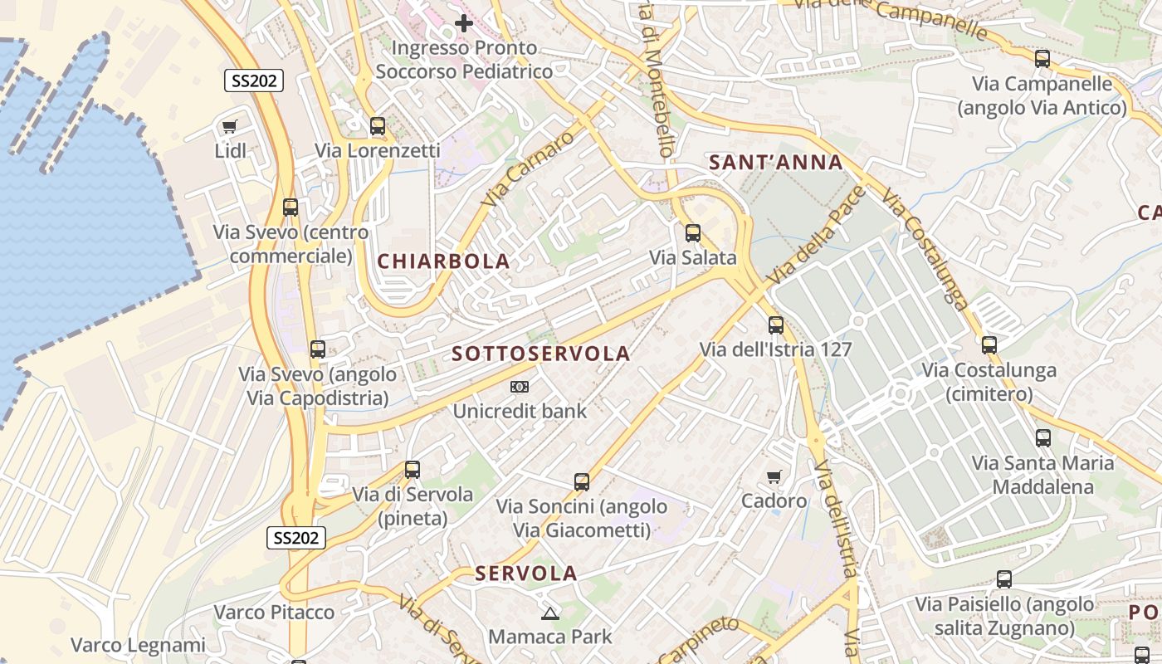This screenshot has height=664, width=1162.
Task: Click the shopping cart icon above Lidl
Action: click(230, 127)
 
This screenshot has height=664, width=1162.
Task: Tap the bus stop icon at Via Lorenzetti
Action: click(378, 126)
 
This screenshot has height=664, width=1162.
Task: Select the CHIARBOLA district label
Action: click(443, 261)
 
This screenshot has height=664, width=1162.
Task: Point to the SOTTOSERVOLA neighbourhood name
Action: click(541, 354)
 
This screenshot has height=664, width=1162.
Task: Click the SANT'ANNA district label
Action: click(776, 163)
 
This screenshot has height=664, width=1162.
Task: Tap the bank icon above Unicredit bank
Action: click(520, 387)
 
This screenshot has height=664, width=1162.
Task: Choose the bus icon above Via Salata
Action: click(693, 233)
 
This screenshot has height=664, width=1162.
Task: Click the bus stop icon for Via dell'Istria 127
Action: click(776, 325)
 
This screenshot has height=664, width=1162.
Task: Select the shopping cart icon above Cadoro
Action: click(774, 476)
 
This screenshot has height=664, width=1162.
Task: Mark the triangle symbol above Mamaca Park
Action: click(549, 613)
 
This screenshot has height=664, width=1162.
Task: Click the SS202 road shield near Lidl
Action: click(254, 81)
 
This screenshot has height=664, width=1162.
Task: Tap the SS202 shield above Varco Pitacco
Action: click(296, 538)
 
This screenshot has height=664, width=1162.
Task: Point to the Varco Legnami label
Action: click(138, 645)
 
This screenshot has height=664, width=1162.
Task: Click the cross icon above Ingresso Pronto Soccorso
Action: click(464, 22)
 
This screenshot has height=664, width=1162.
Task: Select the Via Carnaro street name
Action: click(527, 168)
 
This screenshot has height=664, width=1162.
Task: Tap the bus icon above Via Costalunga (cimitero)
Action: click(989, 345)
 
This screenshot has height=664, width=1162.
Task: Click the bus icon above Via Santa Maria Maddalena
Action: click(1043, 438)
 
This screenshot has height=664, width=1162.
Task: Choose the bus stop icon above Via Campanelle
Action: click(1042, 59)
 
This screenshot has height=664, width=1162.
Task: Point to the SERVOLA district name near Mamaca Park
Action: click(526, 574)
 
